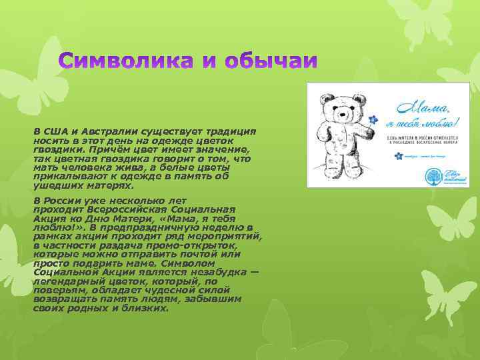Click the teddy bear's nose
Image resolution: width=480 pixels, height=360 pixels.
[x=341, y=114]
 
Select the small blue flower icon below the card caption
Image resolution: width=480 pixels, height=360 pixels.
[x=399, y=156]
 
